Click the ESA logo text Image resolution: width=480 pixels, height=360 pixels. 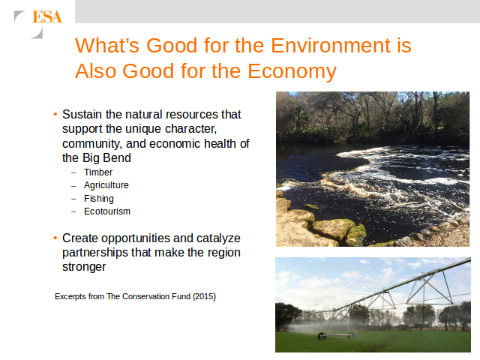pos(47,16)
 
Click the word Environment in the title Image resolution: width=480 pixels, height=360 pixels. pos(329,45)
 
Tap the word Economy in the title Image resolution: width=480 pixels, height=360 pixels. pos(292,71)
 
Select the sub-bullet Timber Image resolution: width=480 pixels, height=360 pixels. pos(98,172)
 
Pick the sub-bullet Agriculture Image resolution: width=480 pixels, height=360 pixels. pos(106,185)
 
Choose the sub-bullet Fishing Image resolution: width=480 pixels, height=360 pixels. pos(99,199)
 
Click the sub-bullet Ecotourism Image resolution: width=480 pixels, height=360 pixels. pos(107,211)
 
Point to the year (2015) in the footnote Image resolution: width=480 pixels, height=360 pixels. pos(204,297)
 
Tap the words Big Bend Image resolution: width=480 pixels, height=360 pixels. pos(106,158)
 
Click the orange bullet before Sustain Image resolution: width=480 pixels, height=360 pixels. pos(55,115)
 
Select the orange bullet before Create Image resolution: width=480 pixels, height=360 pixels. pos(55,238)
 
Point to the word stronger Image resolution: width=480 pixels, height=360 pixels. pos(84,267)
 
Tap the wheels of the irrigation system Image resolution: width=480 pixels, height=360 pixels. pos(336,336)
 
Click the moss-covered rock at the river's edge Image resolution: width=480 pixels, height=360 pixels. pos(357,234)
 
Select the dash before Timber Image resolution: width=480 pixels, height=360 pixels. pos(73,172)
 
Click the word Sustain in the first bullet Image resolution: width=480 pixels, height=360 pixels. pos(82,115)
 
